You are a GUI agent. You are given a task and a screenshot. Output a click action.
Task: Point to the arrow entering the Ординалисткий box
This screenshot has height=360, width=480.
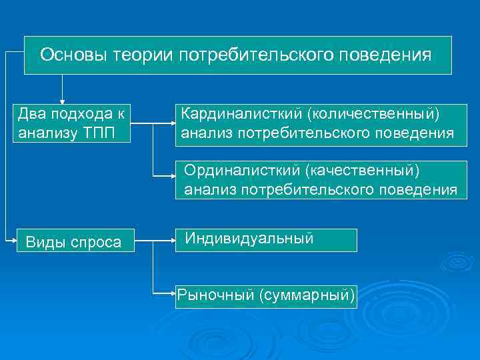[x=167, y=175]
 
